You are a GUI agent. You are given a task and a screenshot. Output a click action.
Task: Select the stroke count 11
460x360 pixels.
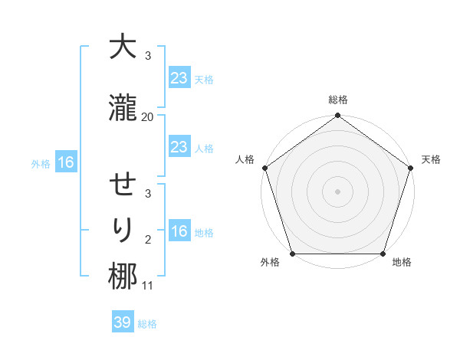[x=147, y=286]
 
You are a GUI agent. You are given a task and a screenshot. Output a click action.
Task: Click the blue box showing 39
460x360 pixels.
[x=123, y=323]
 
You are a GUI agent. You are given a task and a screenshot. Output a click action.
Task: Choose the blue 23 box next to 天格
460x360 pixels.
[x=179, y=78]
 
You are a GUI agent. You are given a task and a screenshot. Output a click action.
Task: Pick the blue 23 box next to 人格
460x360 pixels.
[x=179, y=147]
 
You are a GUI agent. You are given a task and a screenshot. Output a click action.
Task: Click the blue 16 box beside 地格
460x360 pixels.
[x=179, y=232]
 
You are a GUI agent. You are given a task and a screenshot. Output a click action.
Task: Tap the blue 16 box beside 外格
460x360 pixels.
[x=65, y=162]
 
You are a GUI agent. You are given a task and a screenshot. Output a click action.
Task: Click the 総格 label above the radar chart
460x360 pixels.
[x=337, y=100]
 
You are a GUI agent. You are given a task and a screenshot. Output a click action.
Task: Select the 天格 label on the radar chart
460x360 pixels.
[x=431, y=159]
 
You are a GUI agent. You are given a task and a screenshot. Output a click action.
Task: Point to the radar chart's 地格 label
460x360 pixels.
[x=402, y=263]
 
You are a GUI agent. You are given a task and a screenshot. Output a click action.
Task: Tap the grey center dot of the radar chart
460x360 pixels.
[x=337, y=191]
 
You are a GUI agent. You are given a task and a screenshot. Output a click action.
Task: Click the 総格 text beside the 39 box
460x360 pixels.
[x=147, y=324]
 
